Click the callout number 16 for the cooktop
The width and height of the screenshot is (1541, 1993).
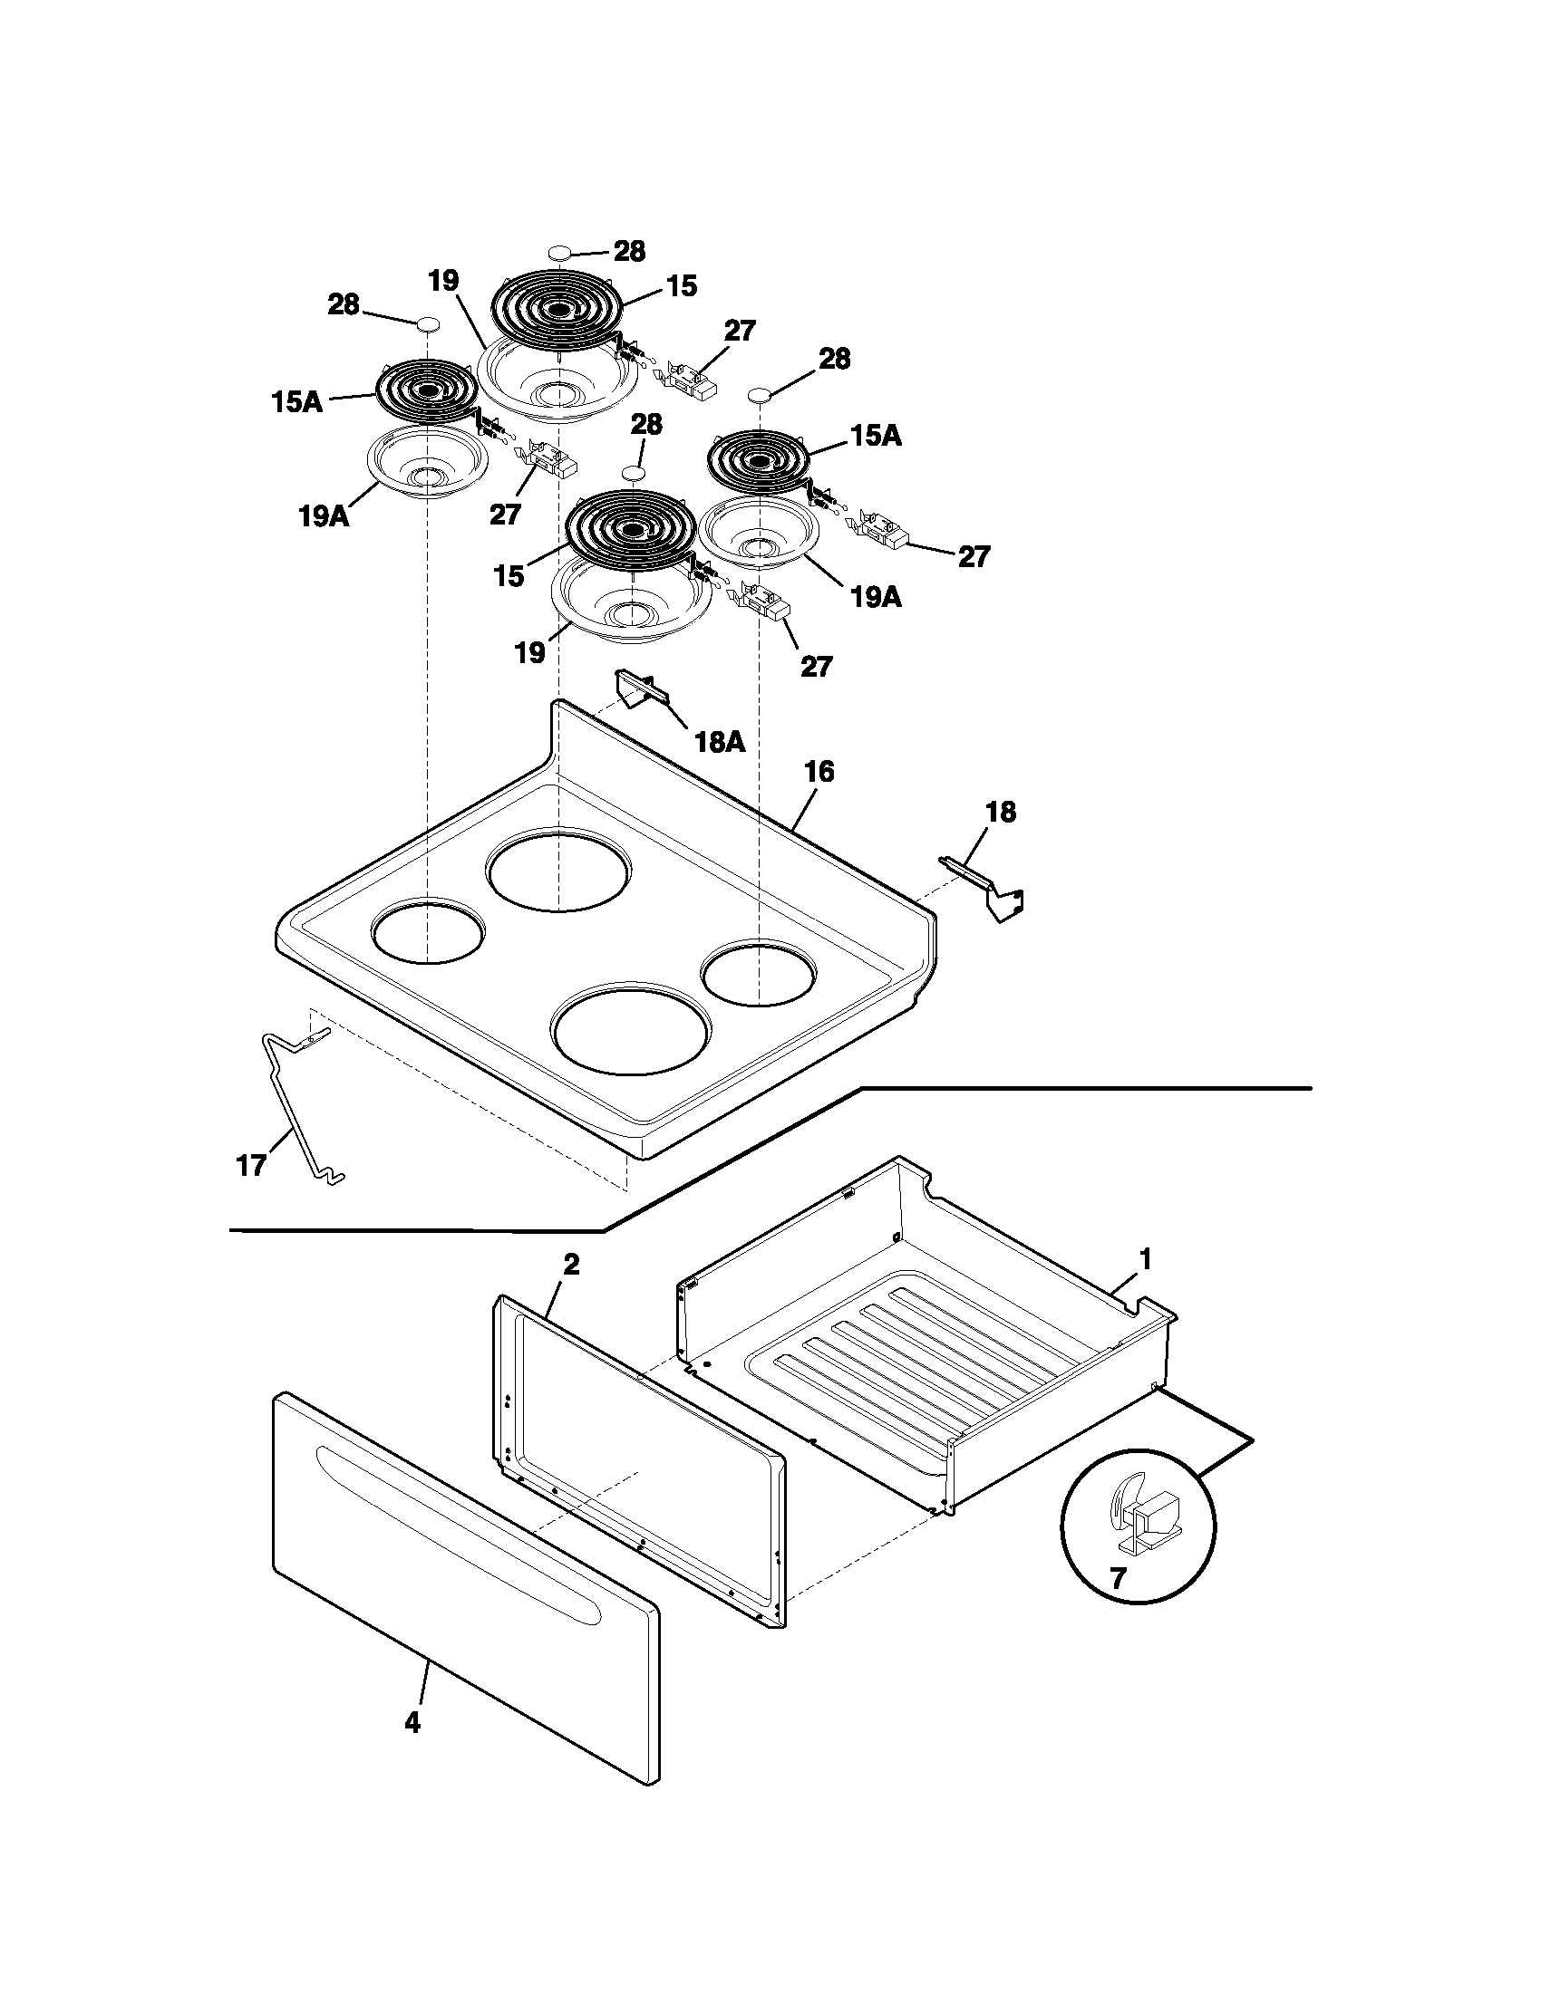pyautogui.click(x=819, y=772)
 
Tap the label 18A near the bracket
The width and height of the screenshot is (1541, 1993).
pyautogui.click(x=720, y=742)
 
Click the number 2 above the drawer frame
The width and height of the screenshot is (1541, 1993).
pyautogui.click(x=570, y=1265)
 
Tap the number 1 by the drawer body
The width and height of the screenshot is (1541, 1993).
pyautogui.click(x=1145, y=1260)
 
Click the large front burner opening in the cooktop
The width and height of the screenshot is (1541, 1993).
pyautogui.click(x=630, y=1025)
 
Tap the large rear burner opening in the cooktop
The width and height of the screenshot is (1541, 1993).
pyautogui.click(x=557, y=869)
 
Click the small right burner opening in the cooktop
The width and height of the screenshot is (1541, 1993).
pyautogui.click(x=758, y=976)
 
